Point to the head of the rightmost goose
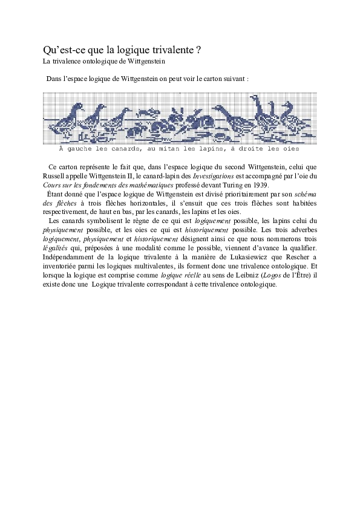point(288,104)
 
